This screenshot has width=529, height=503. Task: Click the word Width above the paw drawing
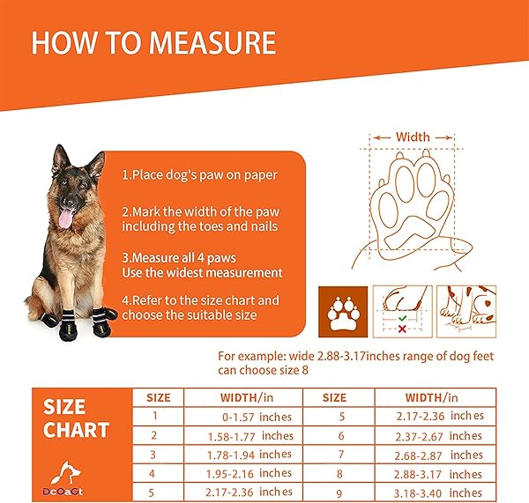point(413,137)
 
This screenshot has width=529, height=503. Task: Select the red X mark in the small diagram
point(401,329)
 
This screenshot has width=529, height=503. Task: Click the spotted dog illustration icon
point(466,310)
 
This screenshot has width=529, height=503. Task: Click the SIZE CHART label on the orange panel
point(77,418)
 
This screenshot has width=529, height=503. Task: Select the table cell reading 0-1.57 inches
point(252,416)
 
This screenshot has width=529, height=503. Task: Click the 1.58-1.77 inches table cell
point(252,435)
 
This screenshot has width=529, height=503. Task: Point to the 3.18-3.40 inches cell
point(441,492)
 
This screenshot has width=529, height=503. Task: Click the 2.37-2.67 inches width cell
point(441,435)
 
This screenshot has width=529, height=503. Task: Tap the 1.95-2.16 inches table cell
point(252,473)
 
